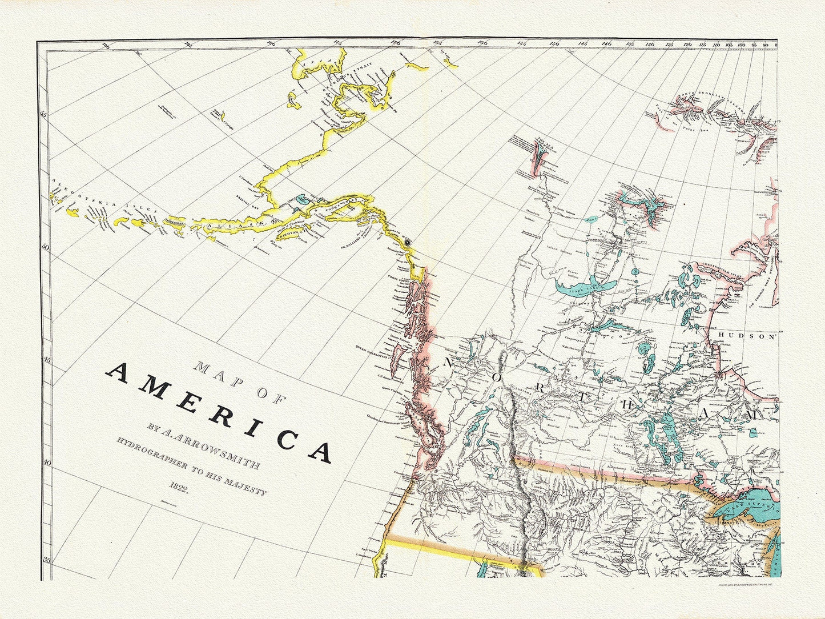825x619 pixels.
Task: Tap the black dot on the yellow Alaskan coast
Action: [408, 243]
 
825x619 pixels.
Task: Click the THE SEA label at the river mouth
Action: [539, 139]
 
